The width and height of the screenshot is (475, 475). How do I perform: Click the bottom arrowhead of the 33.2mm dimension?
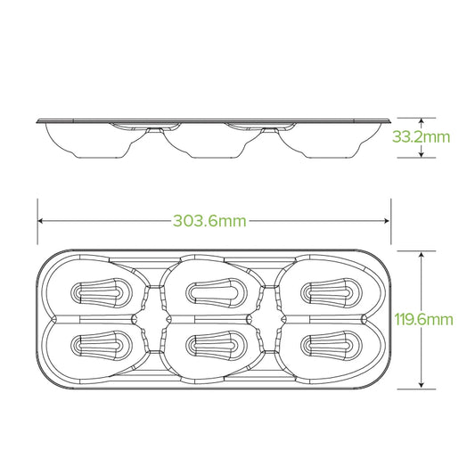coord(422,156)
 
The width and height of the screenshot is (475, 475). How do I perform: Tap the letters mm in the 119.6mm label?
coord(441,319)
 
